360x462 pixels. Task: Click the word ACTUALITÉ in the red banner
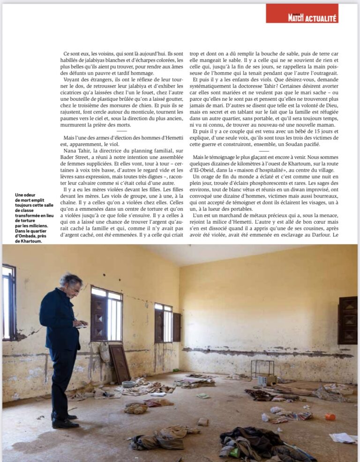321,18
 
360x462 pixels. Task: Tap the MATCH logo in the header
296,18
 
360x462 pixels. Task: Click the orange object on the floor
330,416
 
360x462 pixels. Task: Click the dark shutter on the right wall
347,320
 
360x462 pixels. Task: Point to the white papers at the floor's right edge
344,437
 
